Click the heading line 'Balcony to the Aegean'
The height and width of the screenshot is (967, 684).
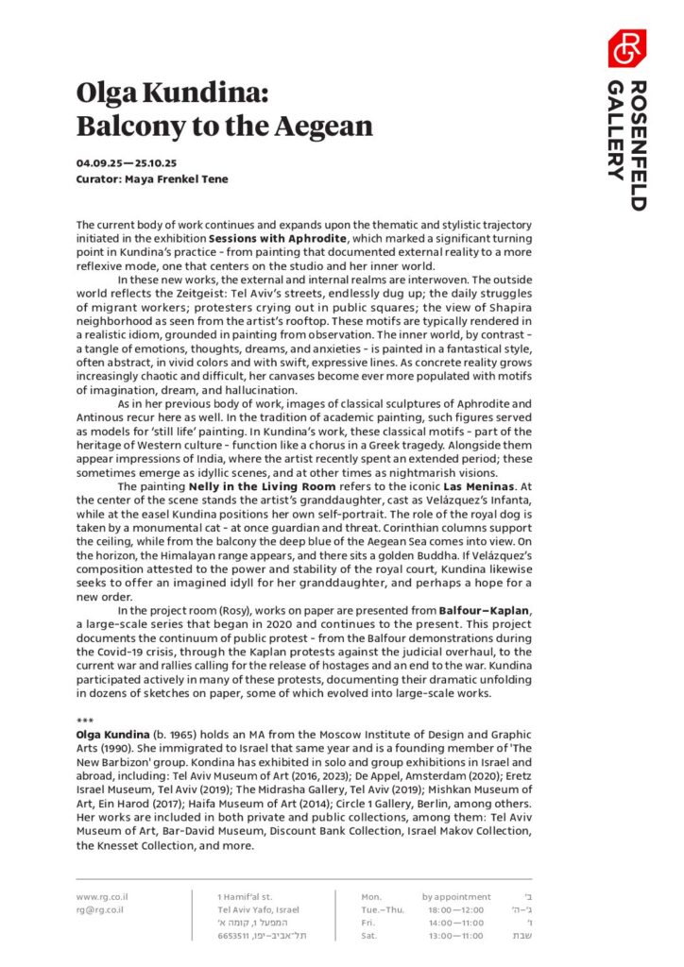(x=225, y=126)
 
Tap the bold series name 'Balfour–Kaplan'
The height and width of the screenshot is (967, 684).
(x=484, y=610)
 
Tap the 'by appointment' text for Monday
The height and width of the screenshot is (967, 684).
(x=456, y=896)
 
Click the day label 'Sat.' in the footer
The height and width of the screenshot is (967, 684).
(x=369, y=936)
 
